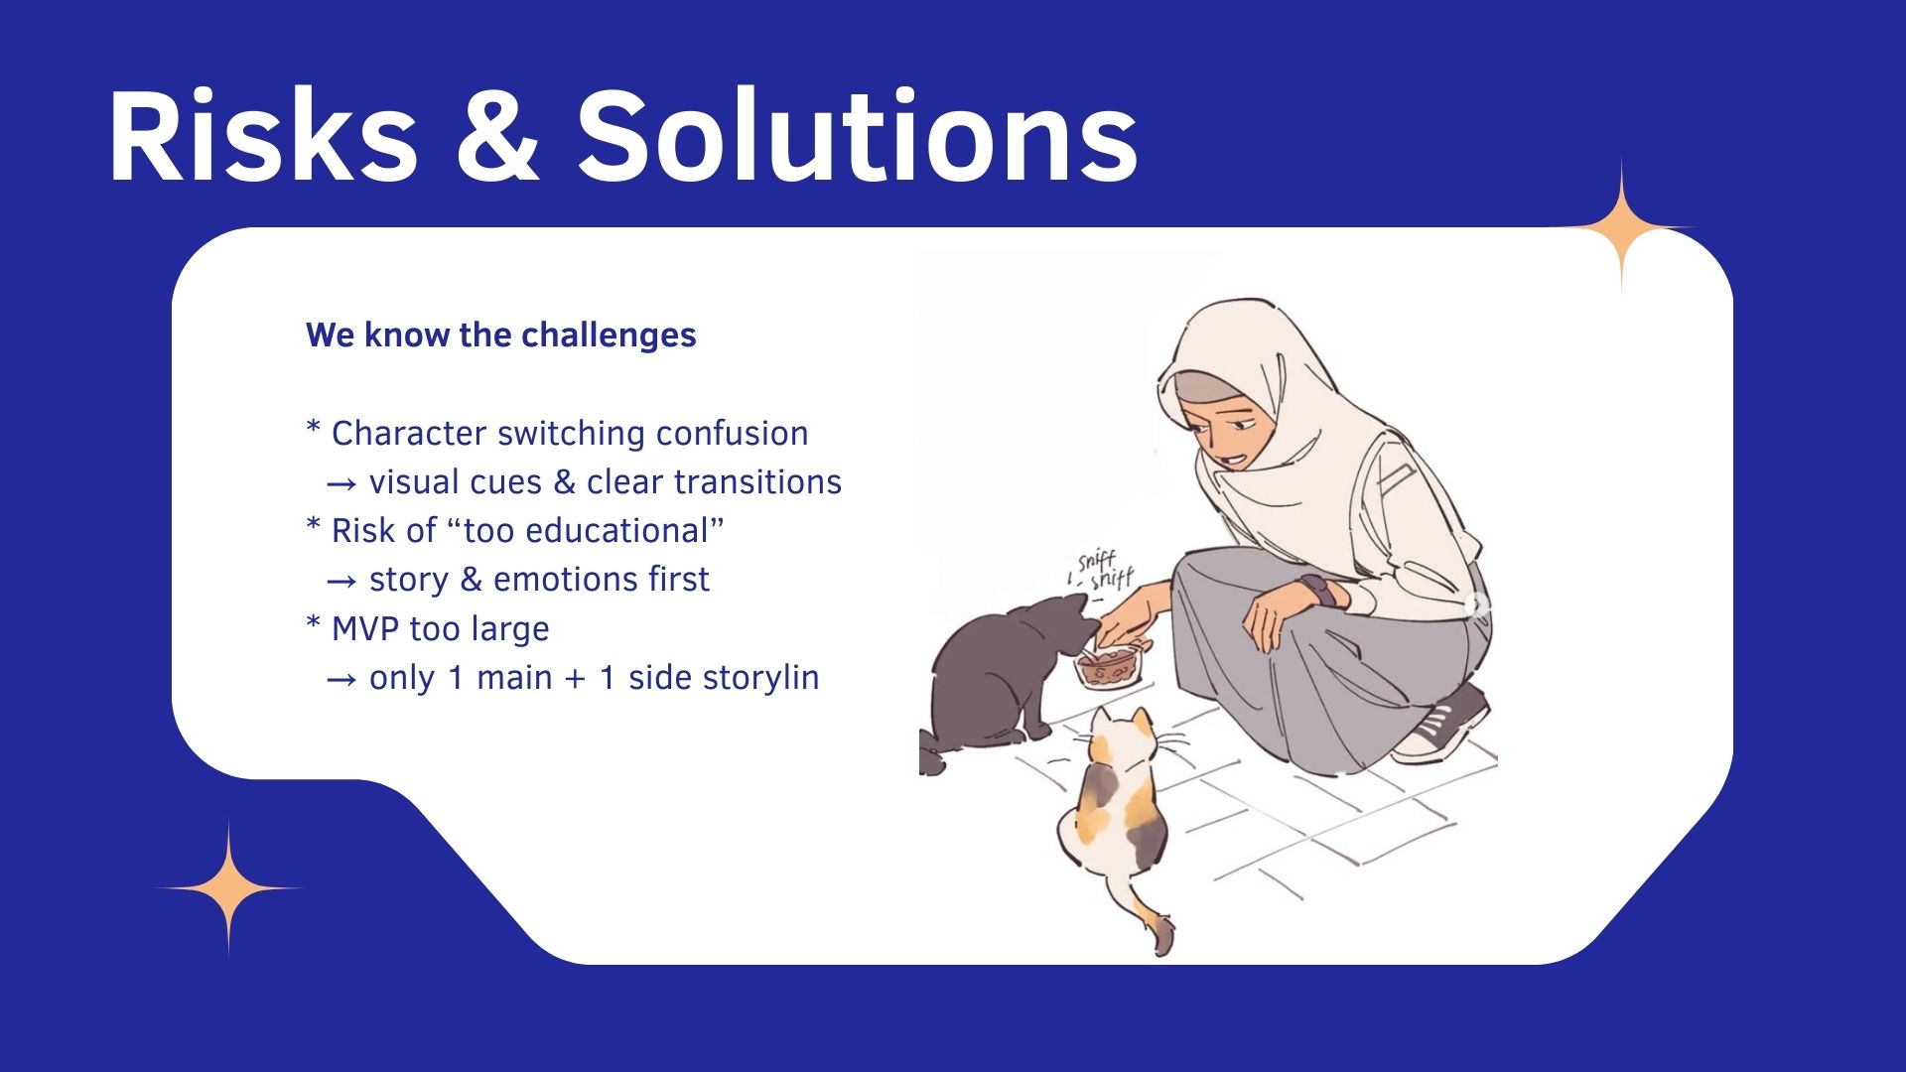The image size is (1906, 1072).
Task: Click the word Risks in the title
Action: click(262, 136)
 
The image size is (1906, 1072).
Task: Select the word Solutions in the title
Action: click(857, 135)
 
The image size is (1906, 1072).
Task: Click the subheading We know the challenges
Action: click(501, 335)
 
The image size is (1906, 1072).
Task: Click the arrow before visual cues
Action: click(341, 484)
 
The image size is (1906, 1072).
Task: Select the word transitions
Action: click(763, 482)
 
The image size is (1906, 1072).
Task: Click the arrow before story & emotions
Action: click(341, 582)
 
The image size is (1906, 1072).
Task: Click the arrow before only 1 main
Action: click(341, 680)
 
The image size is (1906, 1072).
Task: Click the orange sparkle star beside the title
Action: click(1622, 227)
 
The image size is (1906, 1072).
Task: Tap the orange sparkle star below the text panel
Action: click(229, 887)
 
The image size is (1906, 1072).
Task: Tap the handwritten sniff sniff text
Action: click(1102, 572)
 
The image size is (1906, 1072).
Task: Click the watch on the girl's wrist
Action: click(1316, 593)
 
